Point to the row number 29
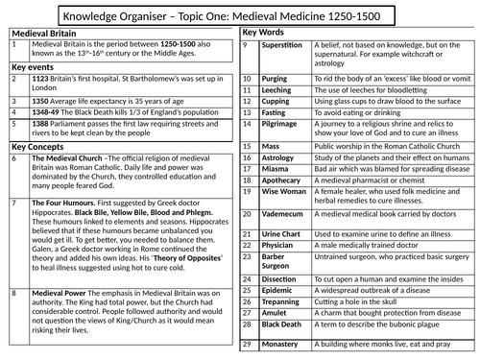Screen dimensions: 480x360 (249, 345)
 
